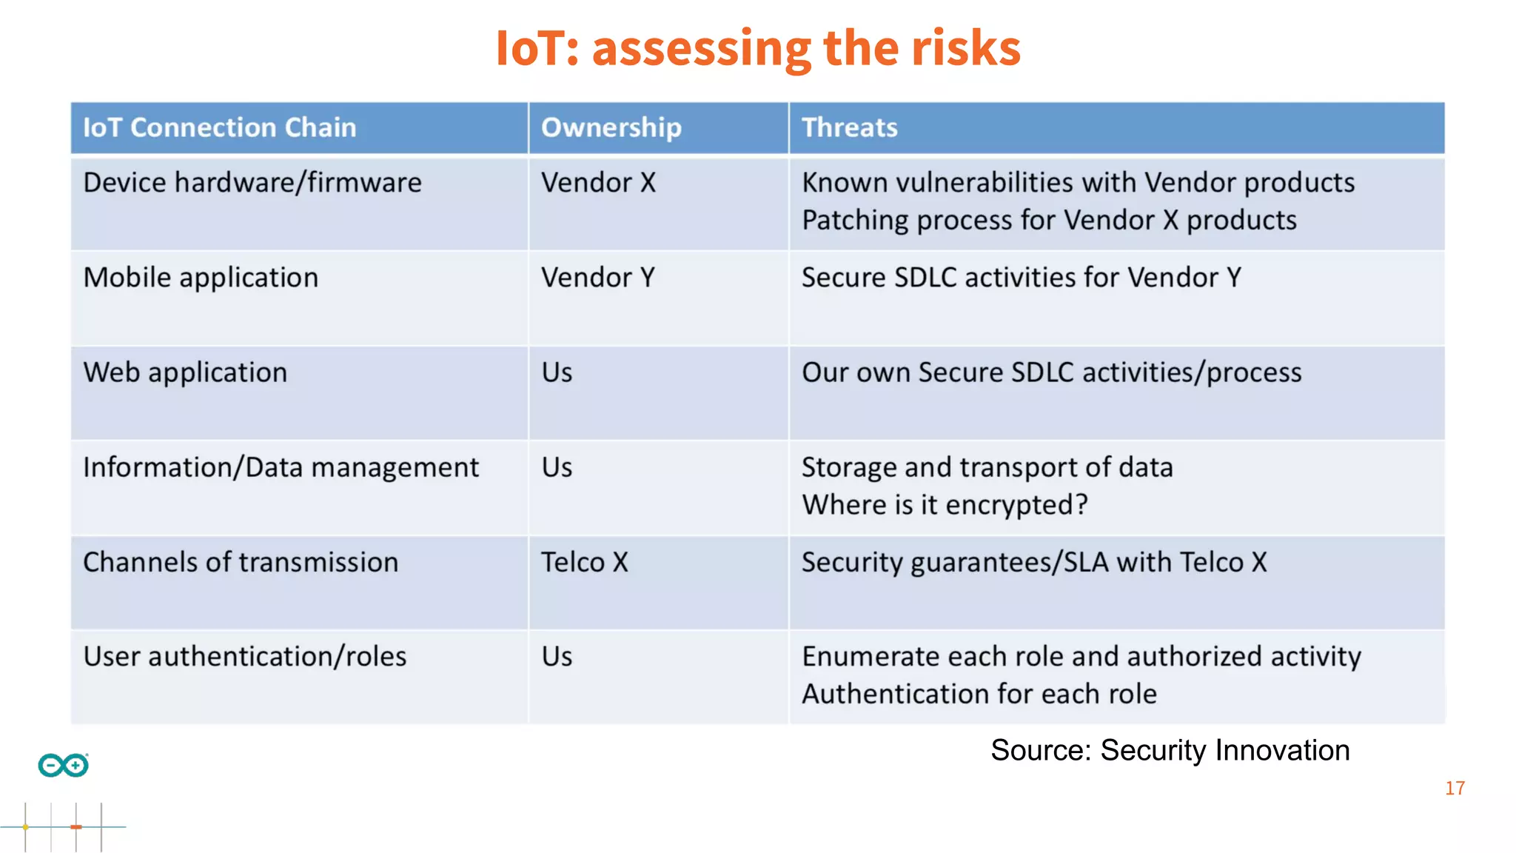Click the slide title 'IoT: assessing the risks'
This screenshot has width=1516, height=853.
(x=758, y=49)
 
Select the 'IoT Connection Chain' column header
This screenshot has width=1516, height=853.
(x=219, y=128)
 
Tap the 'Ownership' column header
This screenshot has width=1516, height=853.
(x=611, y=128)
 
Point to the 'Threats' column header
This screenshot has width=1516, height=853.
(x=849, y=128)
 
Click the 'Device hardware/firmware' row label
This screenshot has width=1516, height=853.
(x=252, y=183)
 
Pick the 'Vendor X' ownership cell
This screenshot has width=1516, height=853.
(x=598, y=183)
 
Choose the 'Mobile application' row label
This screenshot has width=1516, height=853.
(x=201, y=278)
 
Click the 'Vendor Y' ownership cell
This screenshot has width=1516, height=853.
(x=597, y=278)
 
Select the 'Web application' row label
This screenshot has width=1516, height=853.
(x=185, y=372)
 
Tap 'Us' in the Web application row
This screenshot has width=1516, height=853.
(x=557, y=372)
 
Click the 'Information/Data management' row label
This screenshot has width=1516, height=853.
(x=281, y=468)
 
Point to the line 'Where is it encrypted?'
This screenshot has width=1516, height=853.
(x=945, y=505)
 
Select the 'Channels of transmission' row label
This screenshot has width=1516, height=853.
(x=241, y=563)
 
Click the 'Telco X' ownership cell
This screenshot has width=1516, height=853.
(x=584, y=563)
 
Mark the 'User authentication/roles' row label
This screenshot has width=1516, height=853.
(x=244, y=657)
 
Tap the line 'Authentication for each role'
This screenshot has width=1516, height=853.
(x=979, y=695)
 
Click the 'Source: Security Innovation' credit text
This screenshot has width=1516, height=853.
(x=1170, y=751)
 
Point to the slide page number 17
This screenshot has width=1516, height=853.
(x=1455, y=789)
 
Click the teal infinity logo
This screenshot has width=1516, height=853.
(x=64, y=765)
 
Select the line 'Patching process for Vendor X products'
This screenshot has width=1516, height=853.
(x=1049, y=221)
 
